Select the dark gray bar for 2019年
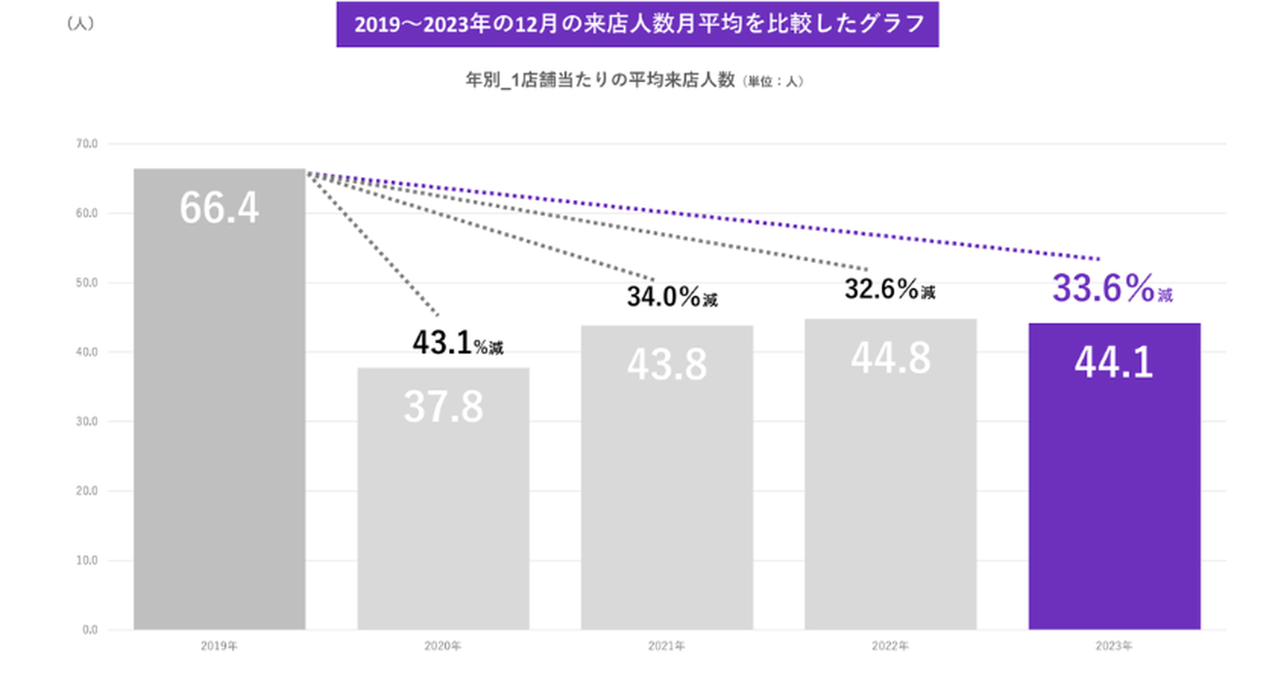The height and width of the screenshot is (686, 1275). (x=219, y=425)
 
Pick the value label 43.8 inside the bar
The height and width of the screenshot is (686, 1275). (x=667, y=364)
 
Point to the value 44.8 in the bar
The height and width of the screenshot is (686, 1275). (x=890, y=358)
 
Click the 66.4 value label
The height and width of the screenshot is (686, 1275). (x=219, y=207)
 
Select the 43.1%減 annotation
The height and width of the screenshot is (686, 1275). (x=457, y=343)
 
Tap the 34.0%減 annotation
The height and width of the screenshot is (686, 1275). (x=672, y=297)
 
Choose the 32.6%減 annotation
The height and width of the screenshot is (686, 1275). (x=889, y=289)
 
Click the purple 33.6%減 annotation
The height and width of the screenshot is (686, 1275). (x=1112, y=289)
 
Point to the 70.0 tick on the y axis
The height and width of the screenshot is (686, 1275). (x=89, y=143)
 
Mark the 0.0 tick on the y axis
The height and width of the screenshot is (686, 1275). (x=90, y=630)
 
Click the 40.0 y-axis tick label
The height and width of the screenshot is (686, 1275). (x=89, y=352)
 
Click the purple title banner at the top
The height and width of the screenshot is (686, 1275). (x=637, y=25)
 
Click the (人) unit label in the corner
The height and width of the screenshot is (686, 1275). (x=81, y=25)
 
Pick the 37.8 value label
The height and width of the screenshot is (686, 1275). (x=443, y=406)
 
